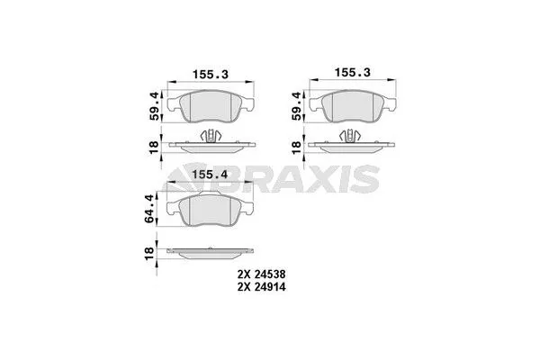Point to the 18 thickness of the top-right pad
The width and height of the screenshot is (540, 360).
(x=298, y=144)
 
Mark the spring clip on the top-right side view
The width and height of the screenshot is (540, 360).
(x=352, y=136)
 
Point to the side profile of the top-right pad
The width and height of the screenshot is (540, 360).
(x=352, y=145)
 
